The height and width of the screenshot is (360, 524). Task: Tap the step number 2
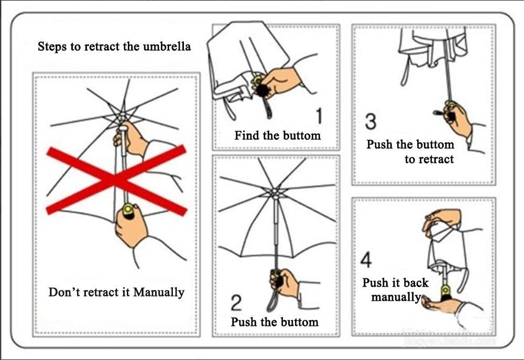(236, 303)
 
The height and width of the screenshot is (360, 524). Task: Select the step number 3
(370, 122)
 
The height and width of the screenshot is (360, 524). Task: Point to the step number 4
(367, 259)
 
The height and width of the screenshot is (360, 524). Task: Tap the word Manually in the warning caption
(159, 292)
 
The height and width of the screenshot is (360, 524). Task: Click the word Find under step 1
(247, 136)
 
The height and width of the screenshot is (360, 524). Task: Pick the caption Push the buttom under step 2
(275, 321)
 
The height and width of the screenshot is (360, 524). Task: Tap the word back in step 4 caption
(416, 283)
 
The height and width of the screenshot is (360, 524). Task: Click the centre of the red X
(116, 180)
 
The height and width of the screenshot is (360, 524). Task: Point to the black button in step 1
(260, 91)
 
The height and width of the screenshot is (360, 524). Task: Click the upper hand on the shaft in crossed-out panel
(130, 139)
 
